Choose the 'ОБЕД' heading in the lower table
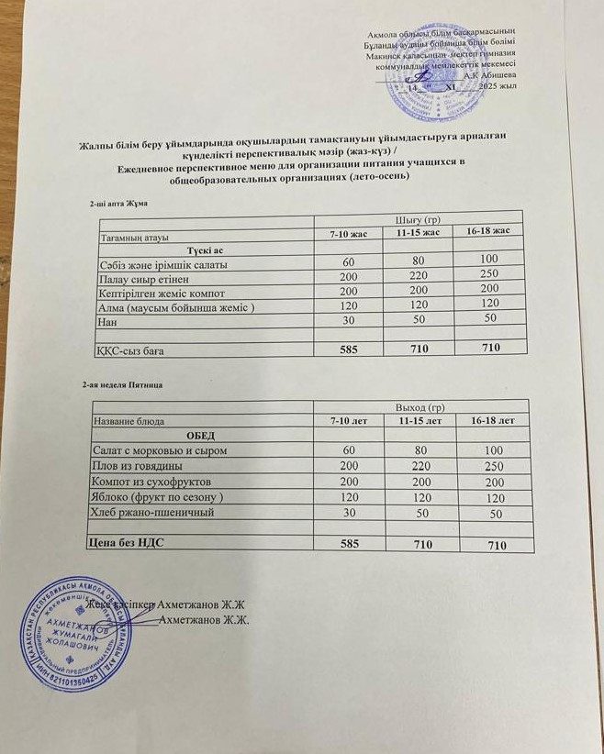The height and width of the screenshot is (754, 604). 202,435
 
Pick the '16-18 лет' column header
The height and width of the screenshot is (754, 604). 492,419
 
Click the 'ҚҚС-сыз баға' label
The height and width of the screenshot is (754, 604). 132,349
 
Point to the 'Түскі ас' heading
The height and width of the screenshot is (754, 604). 206,249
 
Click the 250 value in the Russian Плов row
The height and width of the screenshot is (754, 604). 494,466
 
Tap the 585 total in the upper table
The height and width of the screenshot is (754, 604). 348,349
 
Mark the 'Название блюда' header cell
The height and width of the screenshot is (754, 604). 128,420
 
